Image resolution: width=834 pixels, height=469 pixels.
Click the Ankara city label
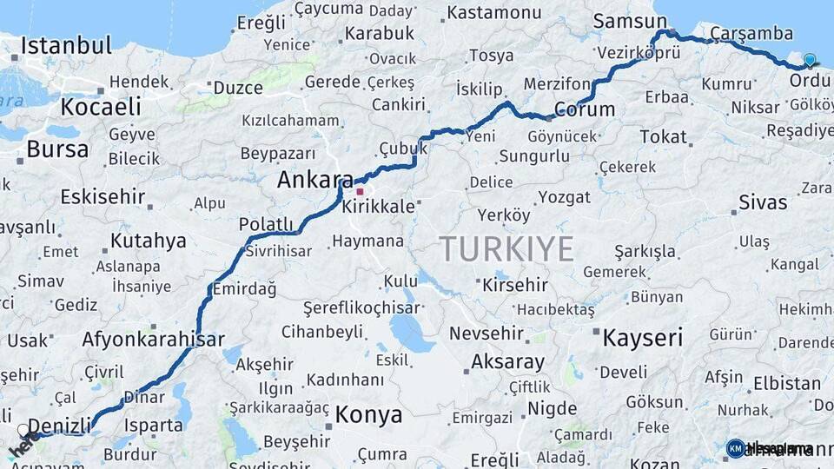315,180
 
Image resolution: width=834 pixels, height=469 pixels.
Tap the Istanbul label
66,45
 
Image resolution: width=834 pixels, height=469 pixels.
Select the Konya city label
369,413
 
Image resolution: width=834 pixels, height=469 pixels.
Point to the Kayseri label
643,337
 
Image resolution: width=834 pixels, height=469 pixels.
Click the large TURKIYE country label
506,249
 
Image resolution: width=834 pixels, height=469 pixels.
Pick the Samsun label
623,21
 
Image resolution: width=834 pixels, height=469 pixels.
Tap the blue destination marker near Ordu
810,60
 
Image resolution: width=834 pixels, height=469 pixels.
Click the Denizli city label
60,426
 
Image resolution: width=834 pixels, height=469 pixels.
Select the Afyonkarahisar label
153,340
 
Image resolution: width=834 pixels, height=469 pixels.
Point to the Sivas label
763,202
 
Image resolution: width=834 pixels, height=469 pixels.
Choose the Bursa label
57,149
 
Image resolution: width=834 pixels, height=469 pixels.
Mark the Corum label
584,109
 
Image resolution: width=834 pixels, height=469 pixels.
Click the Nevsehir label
486,334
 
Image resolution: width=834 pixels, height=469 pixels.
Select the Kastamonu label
493,12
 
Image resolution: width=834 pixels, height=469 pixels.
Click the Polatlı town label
267,223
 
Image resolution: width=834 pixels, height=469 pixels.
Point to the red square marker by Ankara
360,191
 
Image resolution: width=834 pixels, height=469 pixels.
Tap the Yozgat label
564,197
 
